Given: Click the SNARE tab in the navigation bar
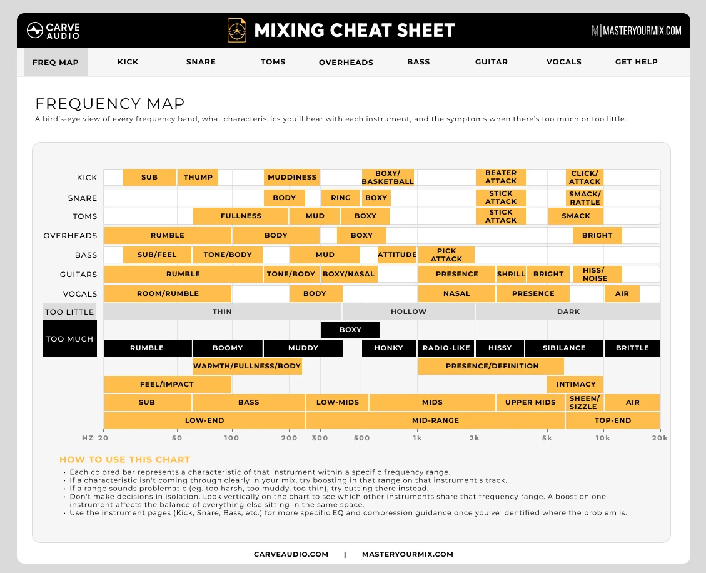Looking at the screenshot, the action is coord(201,62).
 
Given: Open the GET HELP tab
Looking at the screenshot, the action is coord(636,62).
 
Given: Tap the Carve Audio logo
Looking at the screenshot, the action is coord(53,31).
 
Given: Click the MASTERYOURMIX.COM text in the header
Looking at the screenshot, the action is coord(636,31).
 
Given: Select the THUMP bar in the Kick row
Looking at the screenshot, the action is coord(198,177).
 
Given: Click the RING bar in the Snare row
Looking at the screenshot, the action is coord(340,198).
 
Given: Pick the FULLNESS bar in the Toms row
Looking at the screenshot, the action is coord(241,216).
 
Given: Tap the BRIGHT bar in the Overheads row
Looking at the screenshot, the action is coord(597,235).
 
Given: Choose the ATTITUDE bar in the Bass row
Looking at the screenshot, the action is coord(397,255).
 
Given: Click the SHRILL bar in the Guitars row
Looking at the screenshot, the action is coord(511,274).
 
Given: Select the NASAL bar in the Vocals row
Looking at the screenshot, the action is coord(456,293).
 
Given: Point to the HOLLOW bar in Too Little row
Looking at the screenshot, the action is coord(408,312).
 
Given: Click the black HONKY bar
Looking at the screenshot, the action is coord(388,348).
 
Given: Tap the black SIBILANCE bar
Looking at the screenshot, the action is coord(563,348).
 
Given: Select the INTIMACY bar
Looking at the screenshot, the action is coord(575,384).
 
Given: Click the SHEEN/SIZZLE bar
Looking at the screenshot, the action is coord(584,402).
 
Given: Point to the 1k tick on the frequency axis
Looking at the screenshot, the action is coord(417,438).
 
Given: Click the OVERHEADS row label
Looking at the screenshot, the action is coord(70,236).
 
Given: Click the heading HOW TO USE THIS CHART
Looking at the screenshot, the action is coord(124,460).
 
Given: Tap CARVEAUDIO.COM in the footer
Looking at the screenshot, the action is coord(291,554).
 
